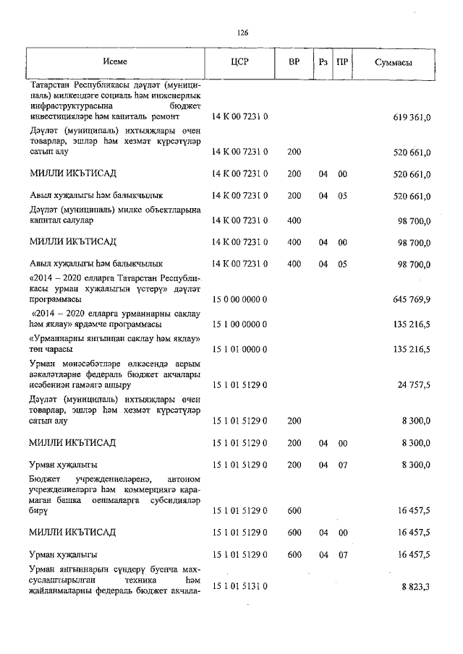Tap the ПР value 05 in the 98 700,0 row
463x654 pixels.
pyautogui.click(x=343, y=264)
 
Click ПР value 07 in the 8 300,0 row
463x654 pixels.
pyautogui.click(x=343, y=465)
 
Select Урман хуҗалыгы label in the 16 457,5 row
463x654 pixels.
pyautogui.click(x=64, y=555)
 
